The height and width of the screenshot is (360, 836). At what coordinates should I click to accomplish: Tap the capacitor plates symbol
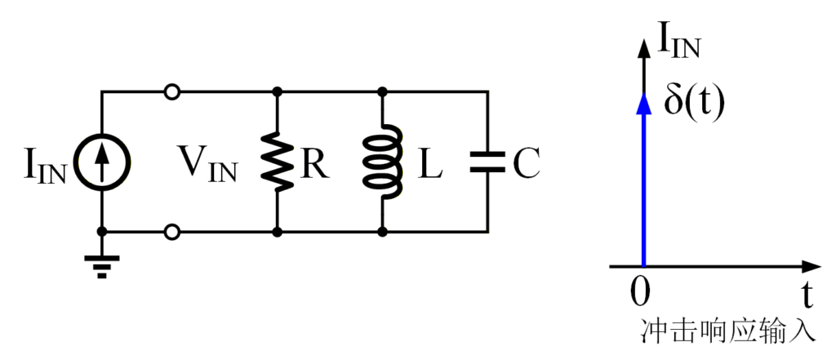(487, 162)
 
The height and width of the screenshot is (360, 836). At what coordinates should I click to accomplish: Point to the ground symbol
(102, 265)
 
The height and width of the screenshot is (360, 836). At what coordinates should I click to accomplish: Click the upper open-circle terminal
(171, 92)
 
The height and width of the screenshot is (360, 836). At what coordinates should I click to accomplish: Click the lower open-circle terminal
(171, 233)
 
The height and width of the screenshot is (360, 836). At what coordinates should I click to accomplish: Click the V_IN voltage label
(208, 167)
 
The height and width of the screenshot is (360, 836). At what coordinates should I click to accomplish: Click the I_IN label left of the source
(46, 167)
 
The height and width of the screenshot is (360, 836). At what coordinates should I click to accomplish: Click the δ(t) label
(693, 104)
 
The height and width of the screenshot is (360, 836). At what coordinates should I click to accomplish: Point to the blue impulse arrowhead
(644, 102)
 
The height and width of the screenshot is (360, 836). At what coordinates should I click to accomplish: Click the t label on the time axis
(806, 291)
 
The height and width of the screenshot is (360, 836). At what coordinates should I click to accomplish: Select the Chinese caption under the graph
(728, 331)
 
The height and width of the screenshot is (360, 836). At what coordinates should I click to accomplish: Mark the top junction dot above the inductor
(382, 92)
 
